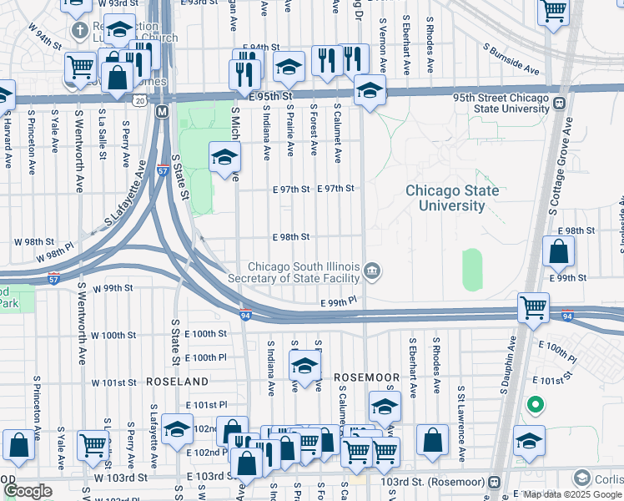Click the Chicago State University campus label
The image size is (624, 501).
point(452,198)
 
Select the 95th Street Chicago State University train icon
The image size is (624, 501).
point(558,104)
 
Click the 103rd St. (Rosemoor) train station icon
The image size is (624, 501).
point(494,482)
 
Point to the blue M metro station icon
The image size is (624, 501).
point(162,111)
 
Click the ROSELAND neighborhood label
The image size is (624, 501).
point(177,381)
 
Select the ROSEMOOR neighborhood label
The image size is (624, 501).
point(367,377)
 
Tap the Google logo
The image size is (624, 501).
point(28,491)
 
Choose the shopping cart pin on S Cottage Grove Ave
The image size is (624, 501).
point(533,306)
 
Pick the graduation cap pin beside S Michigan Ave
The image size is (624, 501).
point(224,157)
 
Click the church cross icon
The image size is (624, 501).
point(80,32)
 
